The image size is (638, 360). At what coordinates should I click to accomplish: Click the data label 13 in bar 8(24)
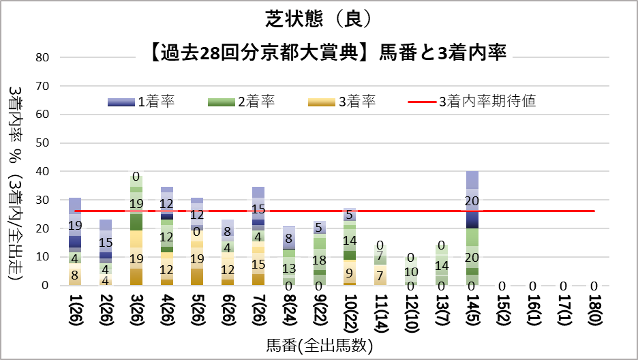(x=289, y=268)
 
